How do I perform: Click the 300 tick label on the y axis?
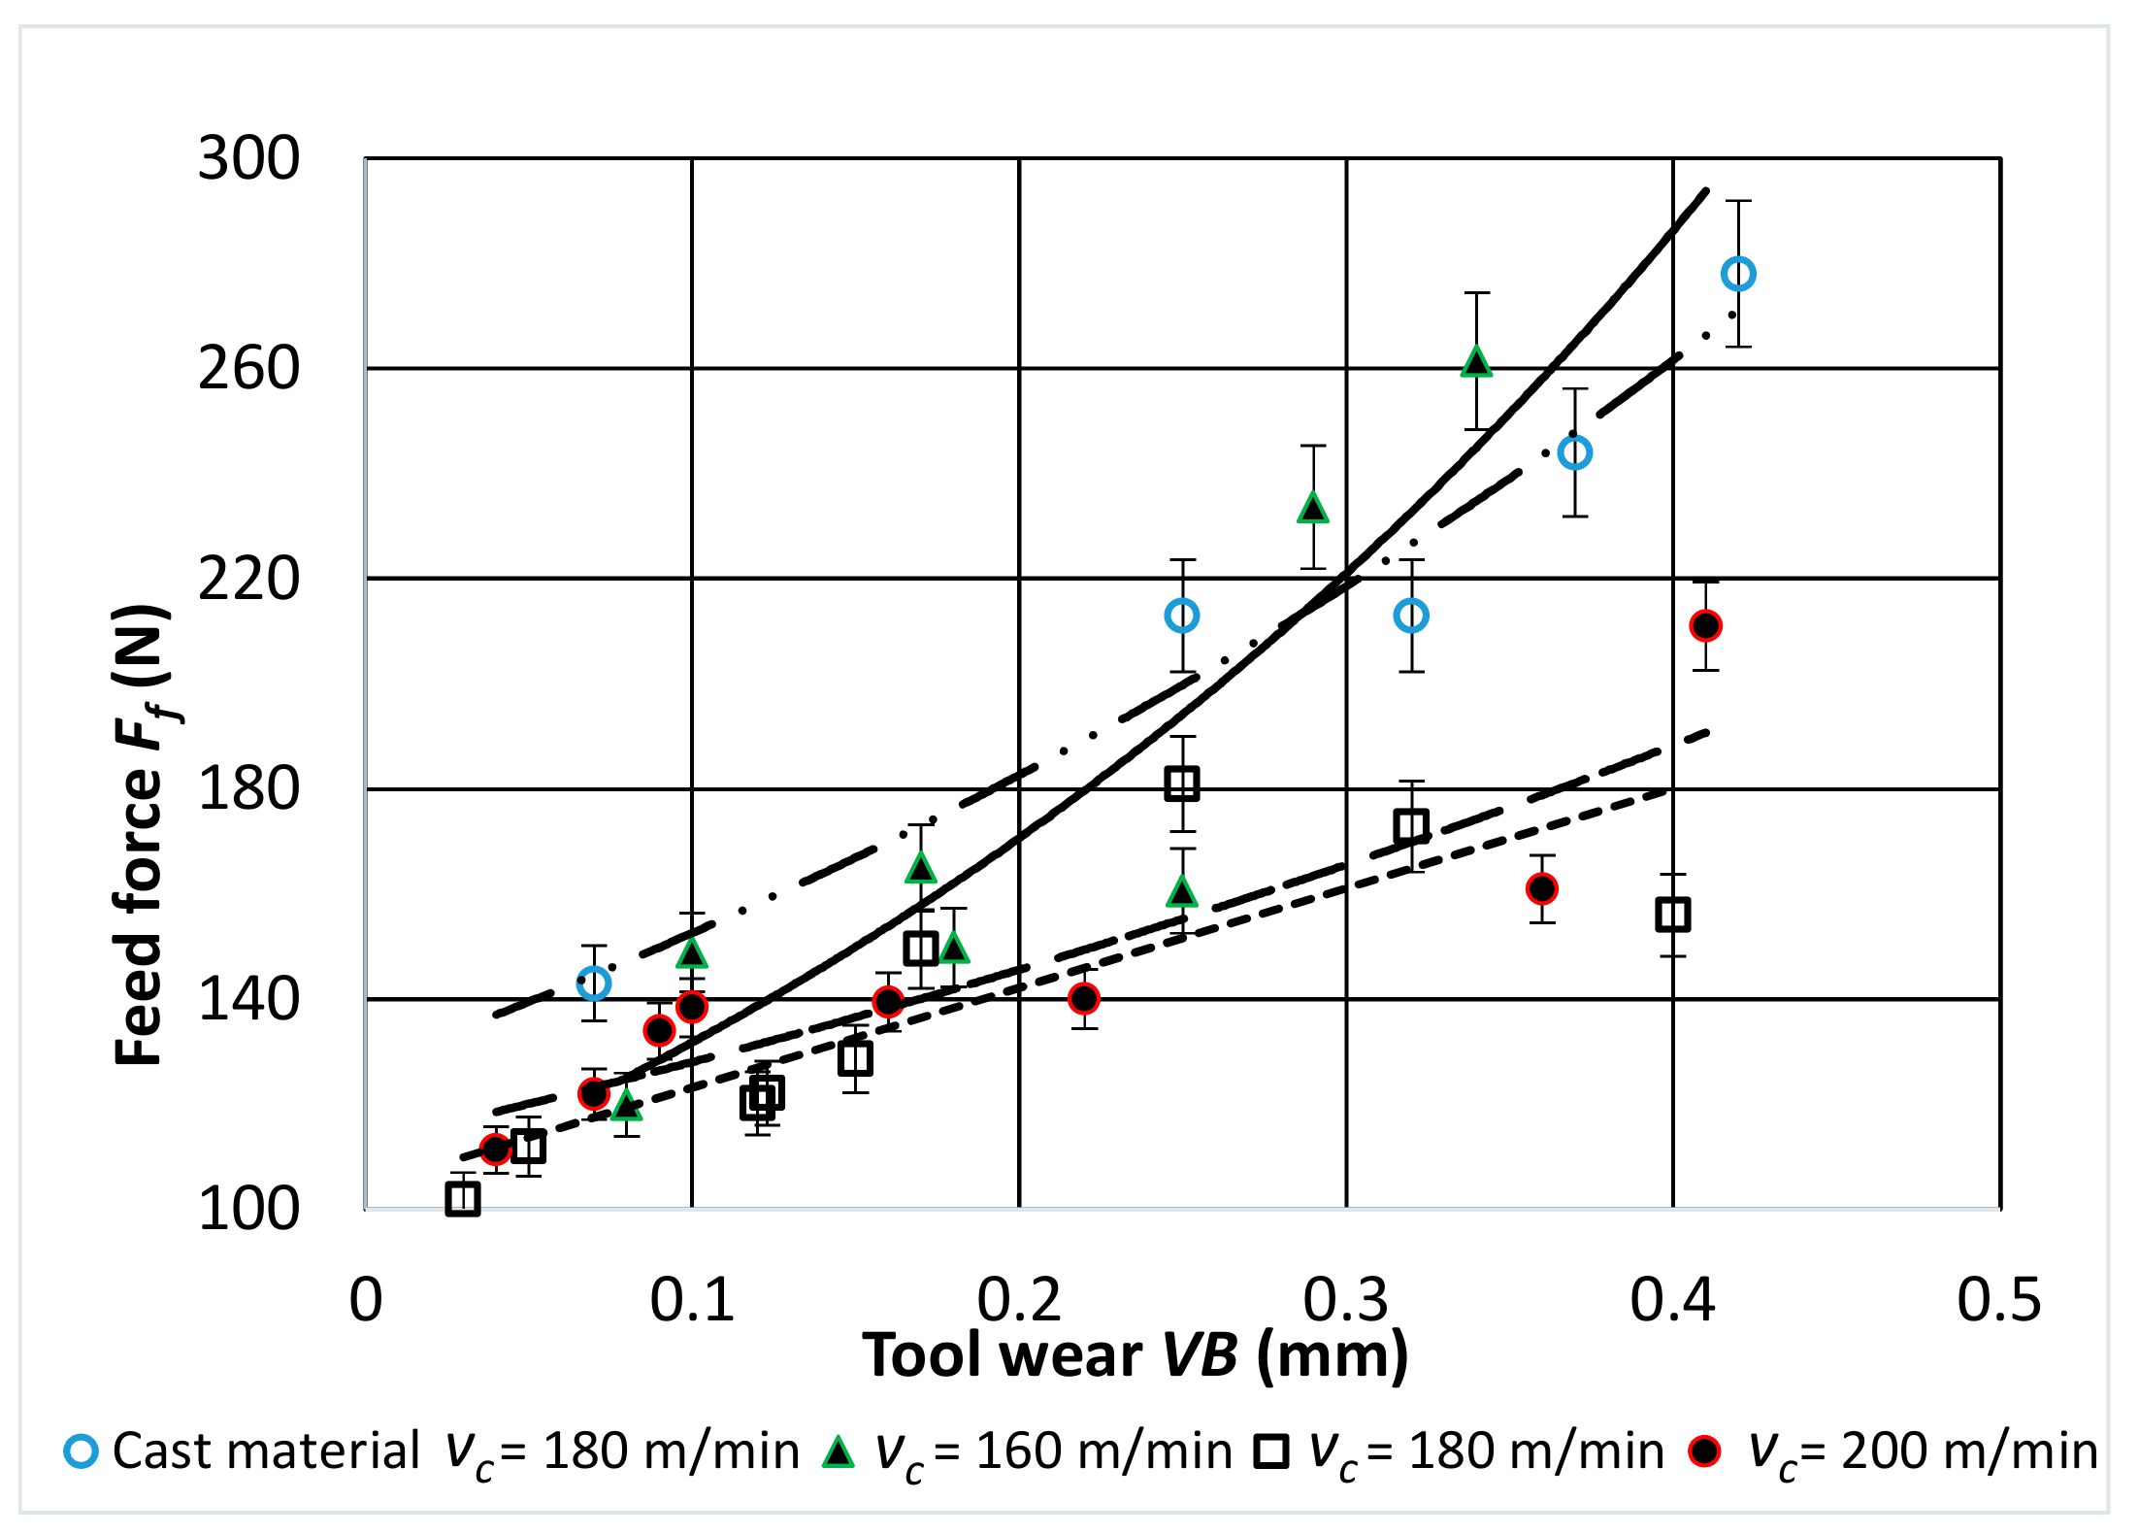[248, 158]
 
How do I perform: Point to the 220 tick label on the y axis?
[248, 580]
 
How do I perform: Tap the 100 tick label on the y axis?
[248, 1210]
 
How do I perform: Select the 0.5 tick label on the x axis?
[1999, 1300]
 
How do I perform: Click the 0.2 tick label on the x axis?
[1019, 1300]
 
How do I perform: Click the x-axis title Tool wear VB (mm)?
[1135, 1355]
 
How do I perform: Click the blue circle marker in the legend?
[81, 1451]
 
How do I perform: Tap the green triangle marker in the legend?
[838, 1452]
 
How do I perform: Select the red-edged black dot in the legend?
[1704, 1451]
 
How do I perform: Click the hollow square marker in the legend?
[1270, 1452]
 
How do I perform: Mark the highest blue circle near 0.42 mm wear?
[1738, 275]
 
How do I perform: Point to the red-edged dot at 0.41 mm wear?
[1705, 626]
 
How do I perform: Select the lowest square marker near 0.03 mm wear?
[463, 1199]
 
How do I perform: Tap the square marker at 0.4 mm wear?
[1673, 915]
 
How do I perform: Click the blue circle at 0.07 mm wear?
[594, 984]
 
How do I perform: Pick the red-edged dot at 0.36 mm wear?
[1542, 888]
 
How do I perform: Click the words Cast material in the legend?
[266, 1452]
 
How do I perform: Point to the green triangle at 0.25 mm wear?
[1181, 891]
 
